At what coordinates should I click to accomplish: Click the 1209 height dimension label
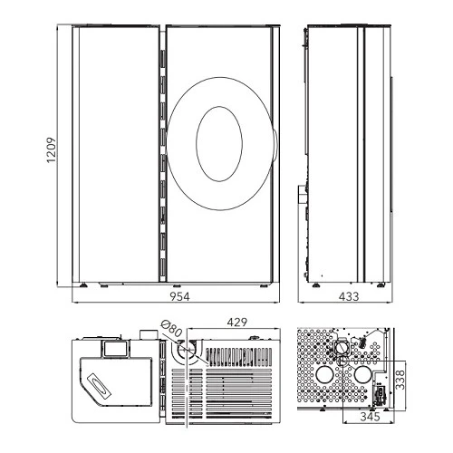coord(52,150)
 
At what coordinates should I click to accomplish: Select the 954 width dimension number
coord(179,296)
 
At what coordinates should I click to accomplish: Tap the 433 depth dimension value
coord(349,296)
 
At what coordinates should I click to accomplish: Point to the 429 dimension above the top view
coord(237,323)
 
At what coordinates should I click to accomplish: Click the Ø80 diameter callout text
coord(171,328)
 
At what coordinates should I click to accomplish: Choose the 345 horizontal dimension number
coord(370,417)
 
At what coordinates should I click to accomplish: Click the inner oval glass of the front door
coord(219,144)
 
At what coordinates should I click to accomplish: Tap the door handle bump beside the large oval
coord(275,143)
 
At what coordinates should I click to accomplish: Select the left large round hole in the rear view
coord(325,374)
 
